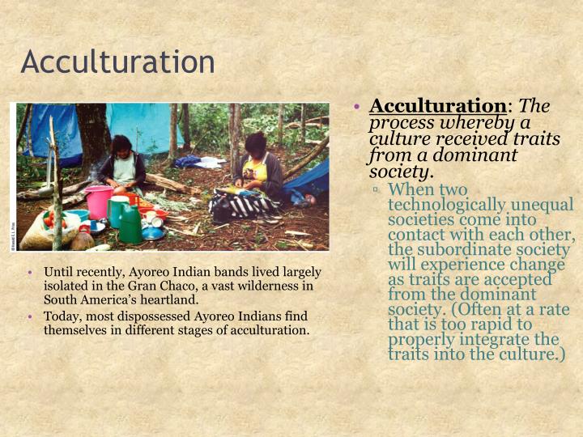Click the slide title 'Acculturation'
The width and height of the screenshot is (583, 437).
[117, 62]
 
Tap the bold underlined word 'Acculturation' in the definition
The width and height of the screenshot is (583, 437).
[437, 106]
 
